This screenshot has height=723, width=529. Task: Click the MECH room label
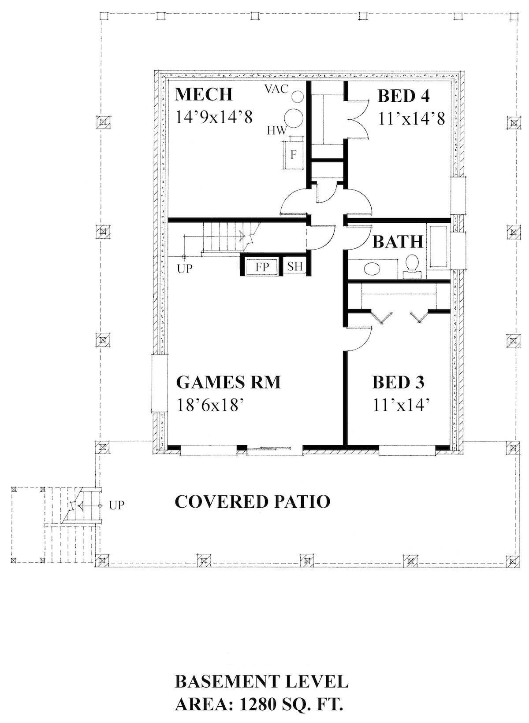tap(203, 95)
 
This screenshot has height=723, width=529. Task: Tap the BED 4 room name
tap(403, 96)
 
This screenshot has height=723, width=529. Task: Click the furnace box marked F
tap(294, 155)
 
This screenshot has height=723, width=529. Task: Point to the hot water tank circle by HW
tap(293, 118)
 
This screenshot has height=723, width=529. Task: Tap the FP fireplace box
tap(262, 267)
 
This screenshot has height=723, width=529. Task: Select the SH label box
tap(295, 266)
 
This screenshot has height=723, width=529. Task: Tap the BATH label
tap(397, 242)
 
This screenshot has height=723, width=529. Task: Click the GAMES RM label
tap(228, 382)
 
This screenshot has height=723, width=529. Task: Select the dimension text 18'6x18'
tap(210, 405)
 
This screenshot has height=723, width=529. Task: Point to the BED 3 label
tap(398, 382)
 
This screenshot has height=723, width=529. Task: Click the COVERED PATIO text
tap(252, 502)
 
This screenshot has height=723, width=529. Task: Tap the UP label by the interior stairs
tap(185, 268)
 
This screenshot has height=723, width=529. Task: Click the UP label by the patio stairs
tap(116, 505)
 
